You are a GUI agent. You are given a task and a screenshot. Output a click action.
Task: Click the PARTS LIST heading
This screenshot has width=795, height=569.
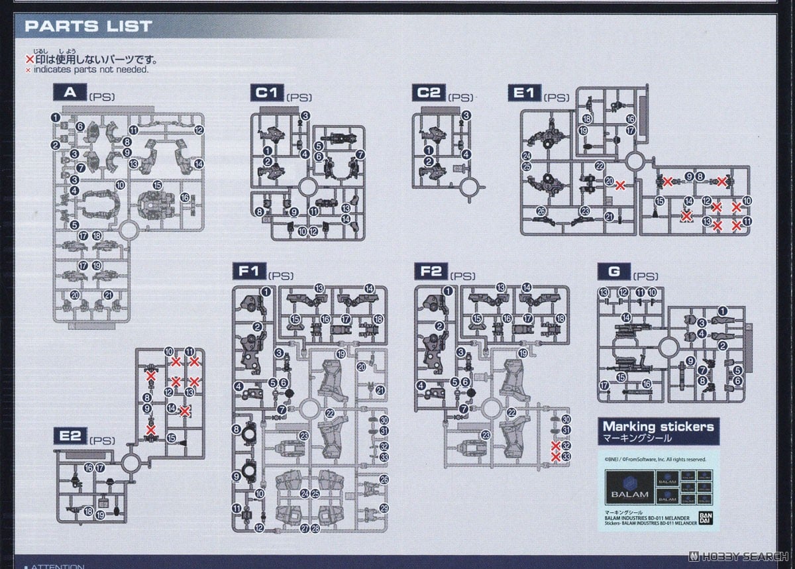pos(89,27)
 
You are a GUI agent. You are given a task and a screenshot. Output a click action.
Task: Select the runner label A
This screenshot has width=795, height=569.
pos(70,93)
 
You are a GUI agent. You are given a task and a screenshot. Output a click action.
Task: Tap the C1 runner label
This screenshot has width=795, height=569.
pos(267,93)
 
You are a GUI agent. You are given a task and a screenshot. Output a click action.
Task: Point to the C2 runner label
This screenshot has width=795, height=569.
pos(428,93)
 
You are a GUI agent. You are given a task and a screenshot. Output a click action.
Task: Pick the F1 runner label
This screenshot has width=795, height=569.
pos(249,271)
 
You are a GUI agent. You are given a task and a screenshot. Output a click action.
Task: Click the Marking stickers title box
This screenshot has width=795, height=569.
pos(659,431)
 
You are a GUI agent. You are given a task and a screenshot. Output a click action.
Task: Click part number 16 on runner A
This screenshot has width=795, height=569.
pos(185,197)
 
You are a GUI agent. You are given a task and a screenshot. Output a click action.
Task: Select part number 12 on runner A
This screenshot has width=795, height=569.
pos(199,130)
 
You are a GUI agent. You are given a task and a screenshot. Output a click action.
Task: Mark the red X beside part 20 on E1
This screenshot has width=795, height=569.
pos(621,185)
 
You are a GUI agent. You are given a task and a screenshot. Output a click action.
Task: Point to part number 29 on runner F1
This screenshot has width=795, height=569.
pos(384,508)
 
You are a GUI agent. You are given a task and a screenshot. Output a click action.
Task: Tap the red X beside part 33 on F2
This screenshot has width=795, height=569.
pos(556,457)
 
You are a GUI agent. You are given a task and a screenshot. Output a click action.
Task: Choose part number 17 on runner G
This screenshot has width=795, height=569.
pos(604,386)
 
